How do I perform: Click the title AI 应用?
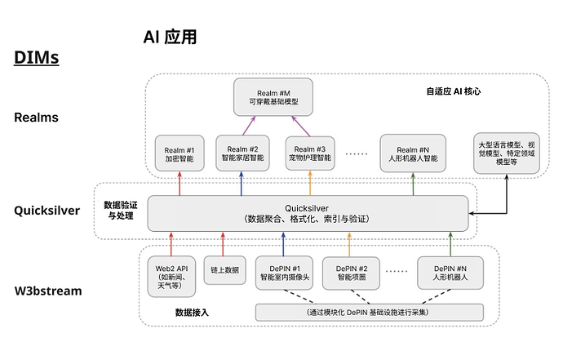click(x=170, y=38)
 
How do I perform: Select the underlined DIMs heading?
click(x=35, y=59)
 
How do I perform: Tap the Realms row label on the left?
click(x=37, y=118)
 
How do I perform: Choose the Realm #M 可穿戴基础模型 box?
click(x=268, y=96)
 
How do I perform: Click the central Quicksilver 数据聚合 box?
click(x=308, y=213)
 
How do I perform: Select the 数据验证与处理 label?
click(x=120, y=211)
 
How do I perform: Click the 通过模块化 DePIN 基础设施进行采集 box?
click(x=369, y=313)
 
